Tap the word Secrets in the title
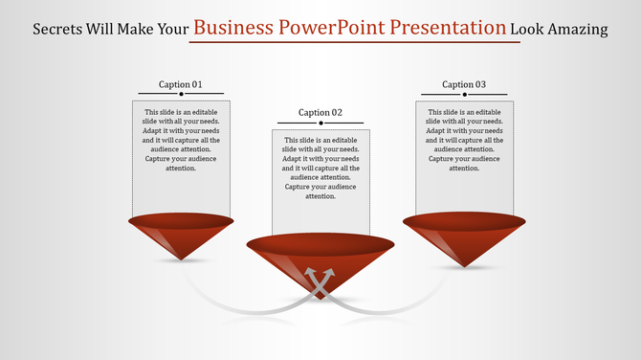click(62, 29)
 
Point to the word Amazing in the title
click(578, 29)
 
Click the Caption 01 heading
click(180, 84)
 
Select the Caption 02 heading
click(320, 112)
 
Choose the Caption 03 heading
click(464, 84)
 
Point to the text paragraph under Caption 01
click(180, 140)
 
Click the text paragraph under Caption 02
click(320, 168)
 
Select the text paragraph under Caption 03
click(464, 140)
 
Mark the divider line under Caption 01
click(180, 94)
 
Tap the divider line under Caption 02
click(320, 123)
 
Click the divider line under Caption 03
click(464, 94)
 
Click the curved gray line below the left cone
click(230, 305)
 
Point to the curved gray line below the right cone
click(411, 305)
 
